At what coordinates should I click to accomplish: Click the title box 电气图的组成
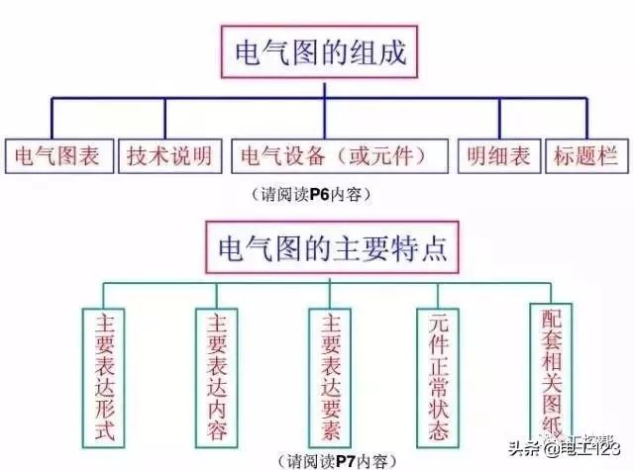(x=319, y=52)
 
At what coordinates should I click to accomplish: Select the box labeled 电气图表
(x=59, y=156)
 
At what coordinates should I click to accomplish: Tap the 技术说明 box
(x=170, y=156)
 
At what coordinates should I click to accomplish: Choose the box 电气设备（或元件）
(x=340, y=156)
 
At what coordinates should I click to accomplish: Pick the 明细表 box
(x=499, y=156)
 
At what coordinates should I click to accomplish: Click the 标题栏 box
(x=587, y=156)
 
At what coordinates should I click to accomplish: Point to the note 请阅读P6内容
(x=311, y=195)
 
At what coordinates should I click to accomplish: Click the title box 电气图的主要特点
(x=333, y=247)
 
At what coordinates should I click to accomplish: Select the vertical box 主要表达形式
(x=103, y=378)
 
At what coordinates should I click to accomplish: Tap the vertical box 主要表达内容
(x=217, y=378)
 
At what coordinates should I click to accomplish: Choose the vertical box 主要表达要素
(x=330, y=378)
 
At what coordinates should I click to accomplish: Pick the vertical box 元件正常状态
(x=438, y=378)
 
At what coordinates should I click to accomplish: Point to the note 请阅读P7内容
(x=338, y=461)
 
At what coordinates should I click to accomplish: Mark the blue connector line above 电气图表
(x=52, y=119)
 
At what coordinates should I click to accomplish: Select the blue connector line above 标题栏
(x=587, y=119)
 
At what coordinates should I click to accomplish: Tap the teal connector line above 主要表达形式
(x=103, y=296)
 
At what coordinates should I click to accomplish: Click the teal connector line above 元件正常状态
(x=438, y=296)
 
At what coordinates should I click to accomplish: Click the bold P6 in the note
(x=320, y=195)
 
